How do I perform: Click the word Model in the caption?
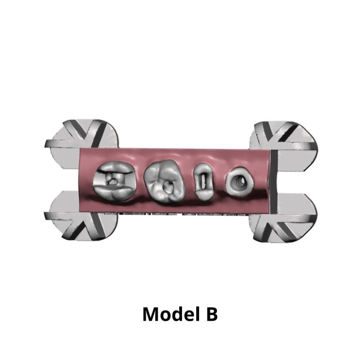(171, 314)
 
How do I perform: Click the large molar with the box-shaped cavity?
(114, 181)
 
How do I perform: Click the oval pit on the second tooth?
(168, 186)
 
